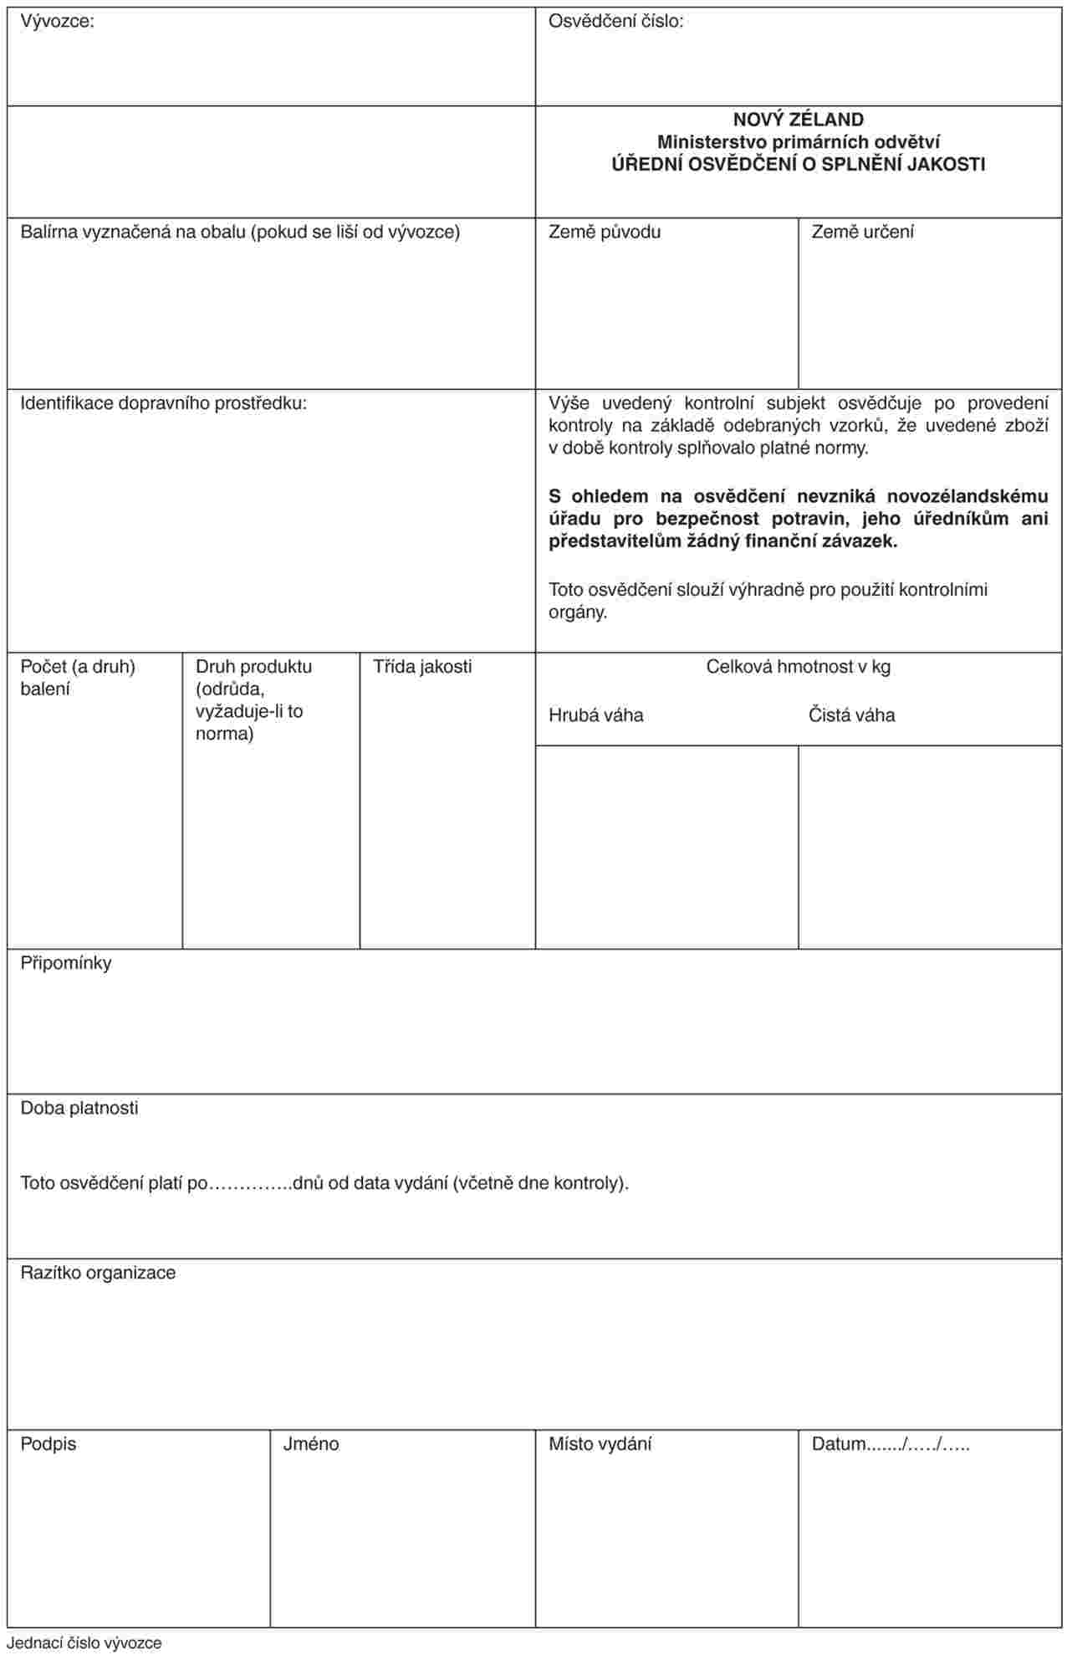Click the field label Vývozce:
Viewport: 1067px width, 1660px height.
click(x=57, y=23)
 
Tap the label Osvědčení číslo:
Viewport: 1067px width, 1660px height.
click(x=615, y=23)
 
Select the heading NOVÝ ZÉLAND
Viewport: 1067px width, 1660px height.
click(x=798, y=120)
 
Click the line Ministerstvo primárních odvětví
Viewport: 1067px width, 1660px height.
click(x=798, y=142)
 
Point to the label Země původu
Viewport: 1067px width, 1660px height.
click(x=604, y=232)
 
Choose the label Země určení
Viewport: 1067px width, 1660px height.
click(x=862, y=232)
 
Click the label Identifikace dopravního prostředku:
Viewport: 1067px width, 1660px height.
click(x=164, y=403)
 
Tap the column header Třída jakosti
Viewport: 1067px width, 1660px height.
click(x=422, y=667)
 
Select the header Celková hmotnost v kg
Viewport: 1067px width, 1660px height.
click(x=798, y=667)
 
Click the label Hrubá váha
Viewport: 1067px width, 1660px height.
click(x=595, y=715)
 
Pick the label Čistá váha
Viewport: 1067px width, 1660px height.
click(x=851, y=715)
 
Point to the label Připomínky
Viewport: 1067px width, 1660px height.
click(x=66, y=963)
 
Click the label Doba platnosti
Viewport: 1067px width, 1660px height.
click(x=79, y=1109)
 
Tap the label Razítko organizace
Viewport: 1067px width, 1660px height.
click(x=98, y=1273)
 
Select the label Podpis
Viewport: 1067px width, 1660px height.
click(x=48, y=1445)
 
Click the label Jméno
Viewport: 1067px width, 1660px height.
click(x=311, y=1445)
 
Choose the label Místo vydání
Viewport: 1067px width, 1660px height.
click(x=600, y=1445)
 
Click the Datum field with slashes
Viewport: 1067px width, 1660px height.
click(x=891, y=1445)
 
